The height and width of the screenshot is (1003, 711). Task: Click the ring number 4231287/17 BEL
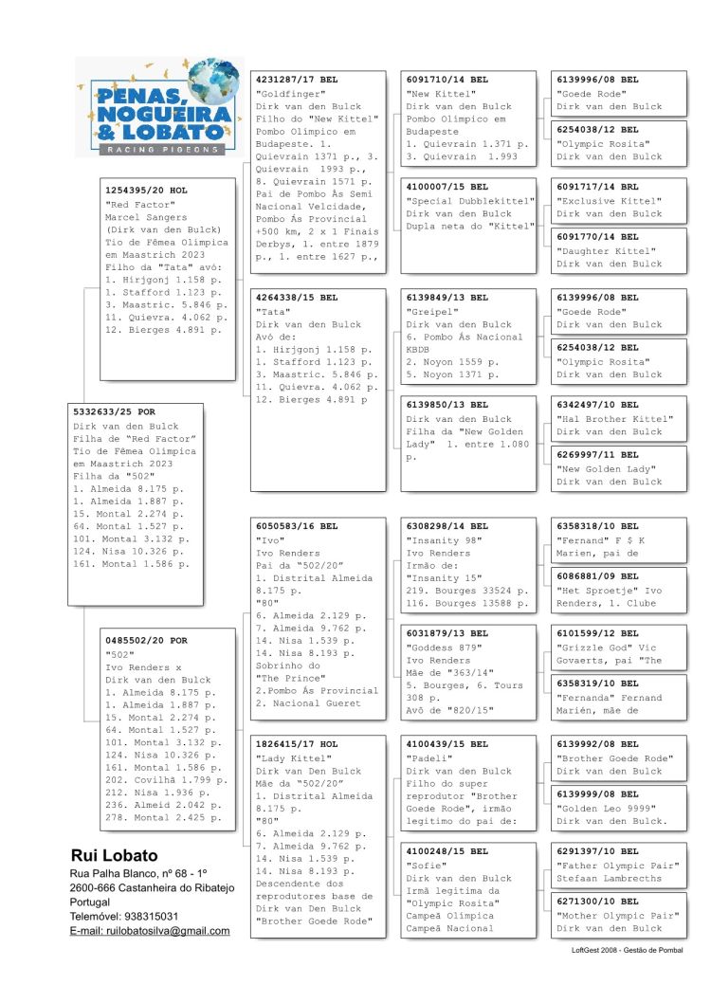(297, 81)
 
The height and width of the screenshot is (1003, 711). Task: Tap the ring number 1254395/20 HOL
(147, 191)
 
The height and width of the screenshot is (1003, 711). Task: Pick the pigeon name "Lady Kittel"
(293, 758)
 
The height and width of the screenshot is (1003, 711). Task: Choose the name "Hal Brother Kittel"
(614, 419)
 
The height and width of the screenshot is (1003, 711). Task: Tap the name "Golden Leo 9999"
(612, 808)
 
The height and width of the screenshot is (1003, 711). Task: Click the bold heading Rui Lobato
(115, 855)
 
